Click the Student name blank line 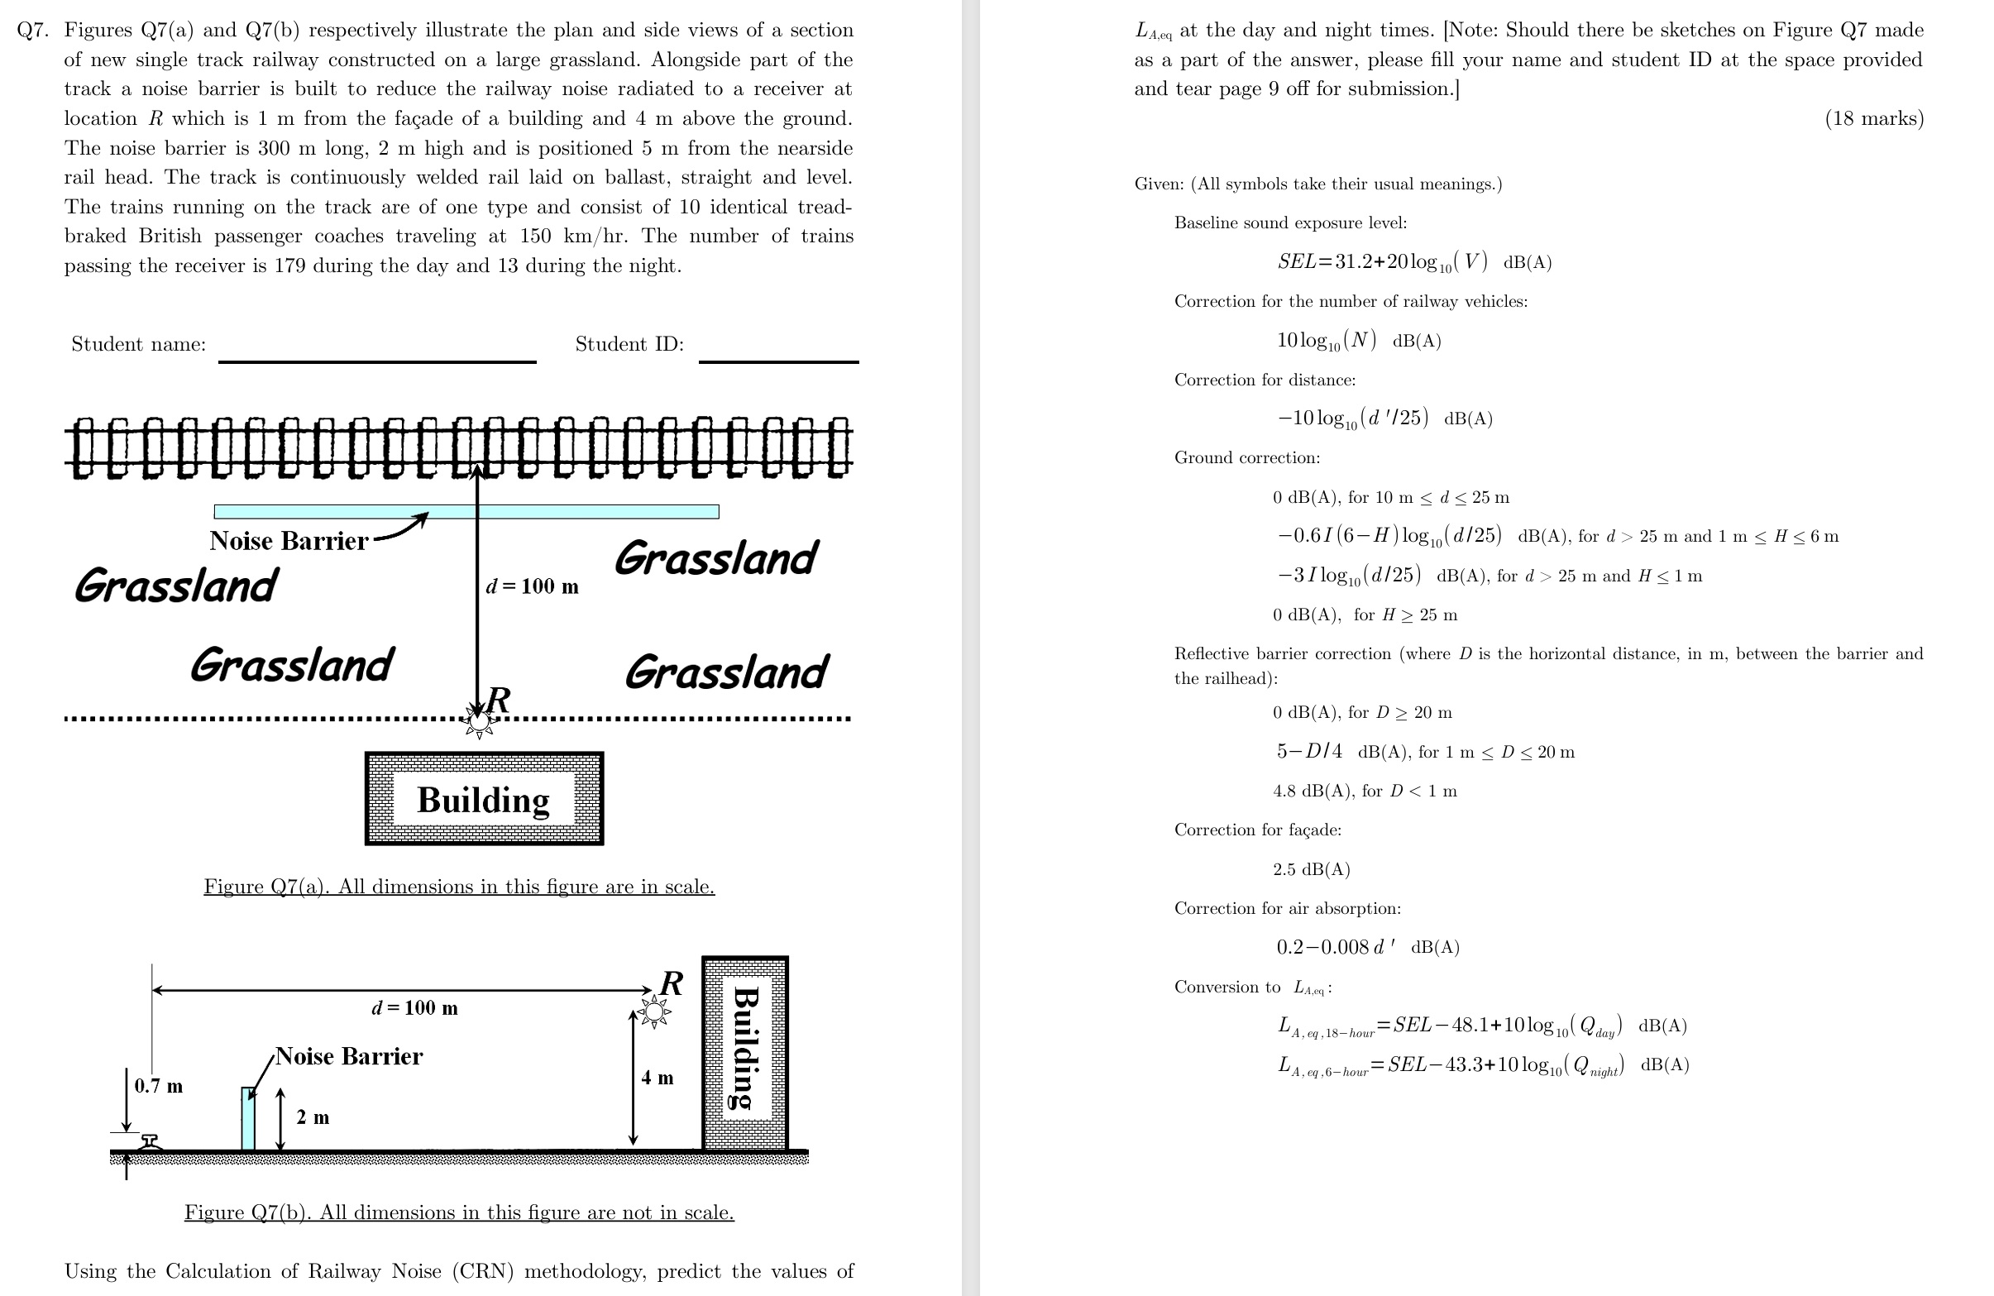click(x=377, y=361)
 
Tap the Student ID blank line click(x=778, y=361)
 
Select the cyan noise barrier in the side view click(x=248, y=1118)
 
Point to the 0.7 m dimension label click(x=158, y=1086)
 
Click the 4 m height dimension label click(x=657, y=1078)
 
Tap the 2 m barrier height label click(x=313, y=1117)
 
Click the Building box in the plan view click(x=485, y=798)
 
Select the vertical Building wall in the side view click(x=745, y=1053)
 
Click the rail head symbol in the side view click(x=150, y=1142)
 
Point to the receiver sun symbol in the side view click(x=653, y=1012)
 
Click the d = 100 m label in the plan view click(x=532, y=586)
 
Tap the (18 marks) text click(x=1873, y=118)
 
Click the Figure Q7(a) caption click(x=459, y=887)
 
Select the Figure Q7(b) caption click(x=459, y=1212)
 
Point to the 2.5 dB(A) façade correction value click(x=1311, y=868)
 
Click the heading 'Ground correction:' click(x=1246, y=457)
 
